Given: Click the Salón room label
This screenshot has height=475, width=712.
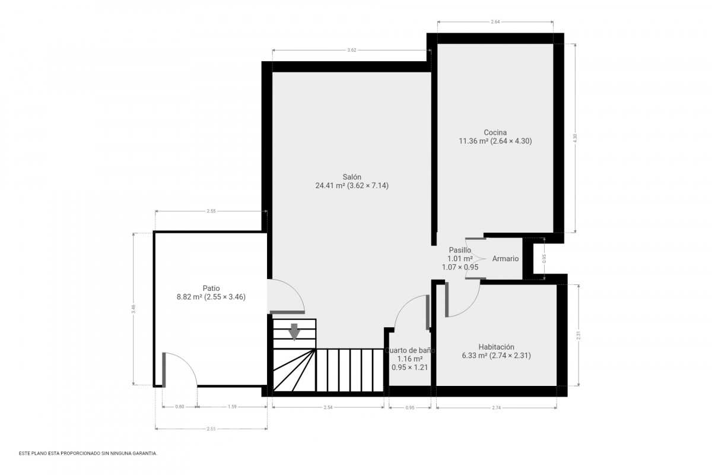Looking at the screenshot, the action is (x=352, y=177).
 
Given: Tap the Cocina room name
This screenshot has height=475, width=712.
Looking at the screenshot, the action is (x=495, y=132).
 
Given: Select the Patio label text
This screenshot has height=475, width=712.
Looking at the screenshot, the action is (x=211, y=288).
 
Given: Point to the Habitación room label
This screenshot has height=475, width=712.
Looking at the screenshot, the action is (x=496, y=347).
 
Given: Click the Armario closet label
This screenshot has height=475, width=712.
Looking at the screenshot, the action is (x=506, y=259).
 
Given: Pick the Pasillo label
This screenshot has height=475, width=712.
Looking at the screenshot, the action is (x=460, y=250).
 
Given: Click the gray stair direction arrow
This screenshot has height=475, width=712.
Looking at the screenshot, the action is (x=294, y=331).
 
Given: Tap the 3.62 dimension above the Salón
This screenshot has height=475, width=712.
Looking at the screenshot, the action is (x=351, y=50).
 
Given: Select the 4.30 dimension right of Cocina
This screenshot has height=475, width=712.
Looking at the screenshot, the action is (x=575, y=138).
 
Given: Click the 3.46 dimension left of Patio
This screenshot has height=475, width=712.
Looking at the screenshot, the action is (x=133, y=309).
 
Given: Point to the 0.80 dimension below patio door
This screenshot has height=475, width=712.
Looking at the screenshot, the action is (x=180, y=407).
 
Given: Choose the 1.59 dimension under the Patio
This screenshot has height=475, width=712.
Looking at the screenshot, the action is (x=232, y=407).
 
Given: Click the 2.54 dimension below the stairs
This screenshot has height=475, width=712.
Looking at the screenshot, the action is (x=328, y=407).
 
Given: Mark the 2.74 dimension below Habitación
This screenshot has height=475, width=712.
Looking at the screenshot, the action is (x=496, y=407).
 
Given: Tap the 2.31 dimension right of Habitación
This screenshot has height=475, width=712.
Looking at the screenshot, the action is (x=578, y=335).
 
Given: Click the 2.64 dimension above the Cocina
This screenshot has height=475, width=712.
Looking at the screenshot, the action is (x=495, y=21).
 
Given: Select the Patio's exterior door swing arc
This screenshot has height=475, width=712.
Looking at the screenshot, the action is (x=188, y=362).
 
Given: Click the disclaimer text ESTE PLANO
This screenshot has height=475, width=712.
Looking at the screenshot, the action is (x=88, y=454).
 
